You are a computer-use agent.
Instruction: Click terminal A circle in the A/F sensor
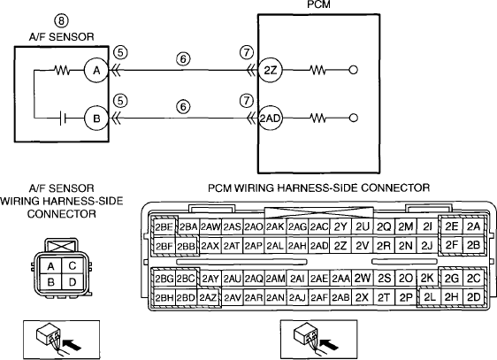[96, 71]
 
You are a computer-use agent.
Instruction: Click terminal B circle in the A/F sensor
[96, 119]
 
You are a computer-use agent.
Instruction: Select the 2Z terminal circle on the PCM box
[270, 71]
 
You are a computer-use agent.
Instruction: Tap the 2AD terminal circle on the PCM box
[270, 119]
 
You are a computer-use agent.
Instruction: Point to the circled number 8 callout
[62, 21]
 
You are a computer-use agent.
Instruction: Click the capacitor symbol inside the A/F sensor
[63, 119]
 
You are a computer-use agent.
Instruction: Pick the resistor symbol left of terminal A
[63, 71]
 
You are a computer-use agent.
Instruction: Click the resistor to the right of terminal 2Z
[317, 71]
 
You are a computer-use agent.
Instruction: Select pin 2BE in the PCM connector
[164, 227]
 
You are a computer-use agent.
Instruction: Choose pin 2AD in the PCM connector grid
[319, 246]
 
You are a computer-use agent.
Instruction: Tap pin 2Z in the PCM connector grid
[340, 246]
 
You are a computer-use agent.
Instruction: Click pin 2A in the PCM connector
[473, 226]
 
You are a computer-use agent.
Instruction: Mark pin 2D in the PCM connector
[473, 297]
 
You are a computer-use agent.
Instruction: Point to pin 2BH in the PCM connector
[164, 297]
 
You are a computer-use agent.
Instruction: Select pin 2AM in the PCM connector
[275, 279]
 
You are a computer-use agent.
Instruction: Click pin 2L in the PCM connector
[430, 297]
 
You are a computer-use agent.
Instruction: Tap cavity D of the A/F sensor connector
[73, 282]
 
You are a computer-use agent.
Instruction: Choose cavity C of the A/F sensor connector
[73, 265]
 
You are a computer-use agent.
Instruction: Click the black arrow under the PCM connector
[330, 344]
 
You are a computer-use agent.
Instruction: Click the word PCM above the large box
[318, 4]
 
